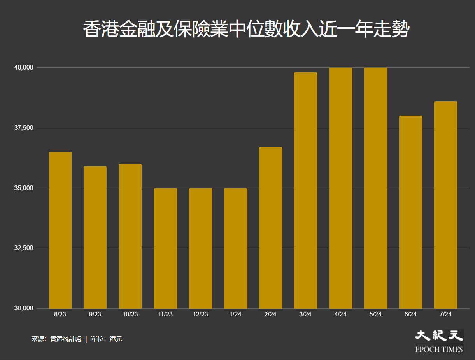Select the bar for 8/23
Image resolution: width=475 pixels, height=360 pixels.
click(x=60, y=230)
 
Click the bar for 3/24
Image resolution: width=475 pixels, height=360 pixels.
click(x=305, y=190)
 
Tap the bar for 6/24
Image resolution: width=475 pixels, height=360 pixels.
click(x=410, y=212)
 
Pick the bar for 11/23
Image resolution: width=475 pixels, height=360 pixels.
click(x=165, y=248)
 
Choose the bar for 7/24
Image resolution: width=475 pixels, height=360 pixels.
click(x=445, y=205)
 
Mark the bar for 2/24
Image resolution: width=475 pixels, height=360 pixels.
click(x=270, y=228)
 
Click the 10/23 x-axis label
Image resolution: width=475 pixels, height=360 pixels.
click(x=130, y=315)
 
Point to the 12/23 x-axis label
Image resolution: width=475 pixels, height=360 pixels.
click(x=200, y=315)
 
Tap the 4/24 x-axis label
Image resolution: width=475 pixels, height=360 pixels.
click(x=340, y=315)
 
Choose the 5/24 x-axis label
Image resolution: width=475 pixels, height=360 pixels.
click(x=375, y=315)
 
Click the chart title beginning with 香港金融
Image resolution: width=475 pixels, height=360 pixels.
click(x=246, y=30)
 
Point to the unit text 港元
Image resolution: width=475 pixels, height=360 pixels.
click(x=116, y=339)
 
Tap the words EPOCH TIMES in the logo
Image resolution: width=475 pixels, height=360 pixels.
click(x=439, y=349)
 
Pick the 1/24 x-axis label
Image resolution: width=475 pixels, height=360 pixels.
click(x=235, y=315)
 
